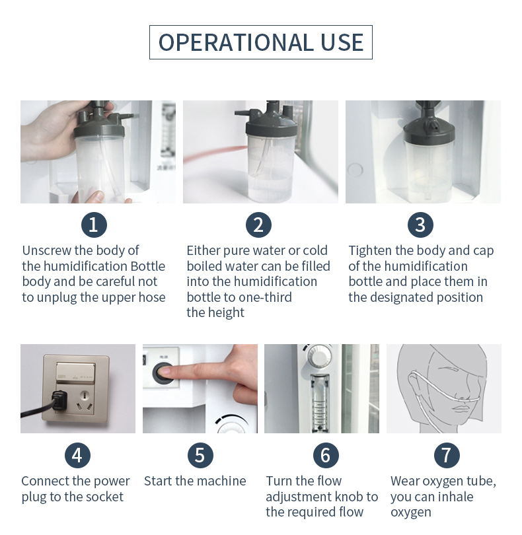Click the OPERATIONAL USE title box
(x=261, y=42)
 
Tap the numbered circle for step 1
(x=94, y=225)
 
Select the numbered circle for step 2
(x=258, y=225)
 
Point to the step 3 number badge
(x=420, y=225)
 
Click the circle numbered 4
(x=77, y=455)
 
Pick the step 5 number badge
(x=200, y=455)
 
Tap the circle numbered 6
(x=326, y=455)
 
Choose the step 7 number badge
(x=447, y=455)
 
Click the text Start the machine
(x=195, y=481)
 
